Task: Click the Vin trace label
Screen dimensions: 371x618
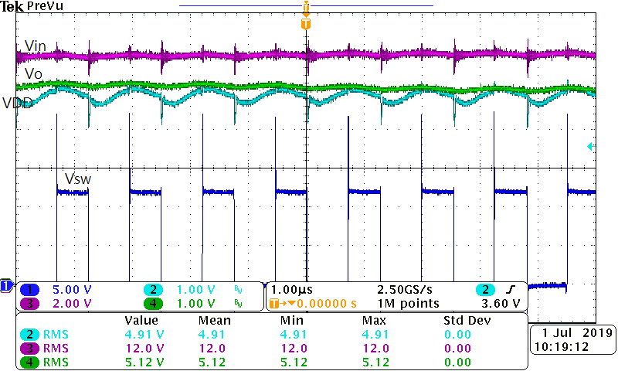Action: [x=36, y=46]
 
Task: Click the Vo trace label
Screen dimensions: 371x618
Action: [x=34, y=74]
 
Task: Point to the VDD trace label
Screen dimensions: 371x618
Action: [x=17, y=104]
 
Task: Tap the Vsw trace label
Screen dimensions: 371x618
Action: [x=77, y=179]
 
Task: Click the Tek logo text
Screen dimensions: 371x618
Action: [x=12, y=6]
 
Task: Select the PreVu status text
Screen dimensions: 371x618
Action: [x=46, y=6]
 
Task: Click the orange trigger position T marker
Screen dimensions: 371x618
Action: [x=307, y=24]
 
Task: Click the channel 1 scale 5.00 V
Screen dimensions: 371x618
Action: [x=70, y=290]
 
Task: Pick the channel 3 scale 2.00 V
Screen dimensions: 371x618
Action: [x=70, y=303]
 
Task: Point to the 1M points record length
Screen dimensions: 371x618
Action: [x=407, y=303]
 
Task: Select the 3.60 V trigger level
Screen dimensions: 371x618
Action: [x=504, y=303]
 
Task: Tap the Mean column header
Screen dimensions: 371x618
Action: [x=215, y=320]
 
